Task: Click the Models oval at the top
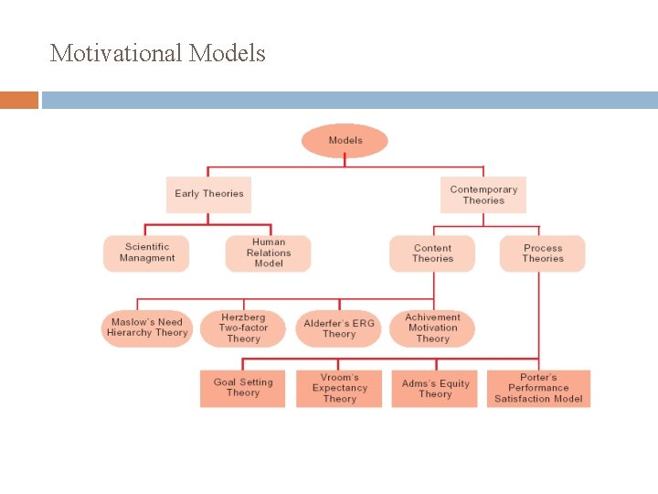pyautogui.click(x=345, y=141)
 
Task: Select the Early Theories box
pyautogui.click(x=208, y=194)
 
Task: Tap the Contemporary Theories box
pyautogui.click(x=483, y=195)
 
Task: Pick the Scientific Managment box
pyautogui.click(x=146, y=253)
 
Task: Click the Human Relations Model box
pyautogui.click(x=269, y=253)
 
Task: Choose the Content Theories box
pyautogui.click(x=432, y=253)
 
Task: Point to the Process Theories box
pyautogui.click(x=542, y=253)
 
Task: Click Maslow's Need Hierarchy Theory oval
pyautogui.click(x=146, y=328)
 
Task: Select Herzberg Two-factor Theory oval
pyautogui.click(x=243, y=328)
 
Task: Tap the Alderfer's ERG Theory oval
pyautogui.click(x=339, y=328)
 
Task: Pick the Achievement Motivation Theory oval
pyautogui.click(x=432, y=328)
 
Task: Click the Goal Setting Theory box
pyautogui.click(x=243, y=388)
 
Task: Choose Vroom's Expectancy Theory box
pyautogui.click(x=339, y=388)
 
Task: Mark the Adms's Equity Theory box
pyautogui.click(x=435, y=388)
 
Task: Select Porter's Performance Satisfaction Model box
pyautogui.click(x=538, y=388)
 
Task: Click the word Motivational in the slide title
pyautogui.click(x=117, y=53)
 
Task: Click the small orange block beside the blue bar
pyautogui.click(x=19, y=100)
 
